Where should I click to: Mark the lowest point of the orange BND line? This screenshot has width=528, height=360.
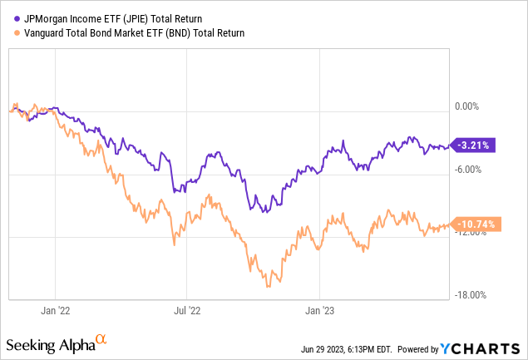268,287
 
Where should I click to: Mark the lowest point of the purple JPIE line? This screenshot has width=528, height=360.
264,213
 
